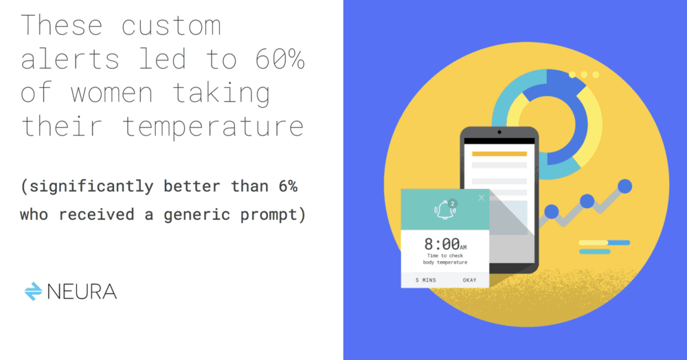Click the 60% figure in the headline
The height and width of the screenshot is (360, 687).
coord(280,59)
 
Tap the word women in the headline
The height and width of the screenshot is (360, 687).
coord(112,93)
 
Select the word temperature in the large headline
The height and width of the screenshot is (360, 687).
coord(212,127)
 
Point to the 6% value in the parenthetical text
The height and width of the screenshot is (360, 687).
coord(289,186)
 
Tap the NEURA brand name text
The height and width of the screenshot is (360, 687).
coord(82,292)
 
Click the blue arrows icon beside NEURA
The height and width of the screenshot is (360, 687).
coord(33,291)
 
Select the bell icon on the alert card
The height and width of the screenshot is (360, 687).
coord(444,210)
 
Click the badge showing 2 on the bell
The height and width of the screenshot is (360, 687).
coord(453,203)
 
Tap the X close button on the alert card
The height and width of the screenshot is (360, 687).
coord(482,198)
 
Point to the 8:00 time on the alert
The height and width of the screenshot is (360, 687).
coord(442,244)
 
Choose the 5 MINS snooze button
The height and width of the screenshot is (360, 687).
coord(426,280)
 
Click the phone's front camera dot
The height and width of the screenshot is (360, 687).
coord(499,133)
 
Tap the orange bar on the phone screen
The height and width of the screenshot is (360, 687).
coord(499,154)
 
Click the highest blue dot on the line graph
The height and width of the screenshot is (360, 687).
coord(624,186)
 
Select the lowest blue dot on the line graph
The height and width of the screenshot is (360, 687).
coord(551,212)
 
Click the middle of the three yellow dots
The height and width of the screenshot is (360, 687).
coord(584,75)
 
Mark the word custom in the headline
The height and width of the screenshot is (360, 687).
coord(171,26)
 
